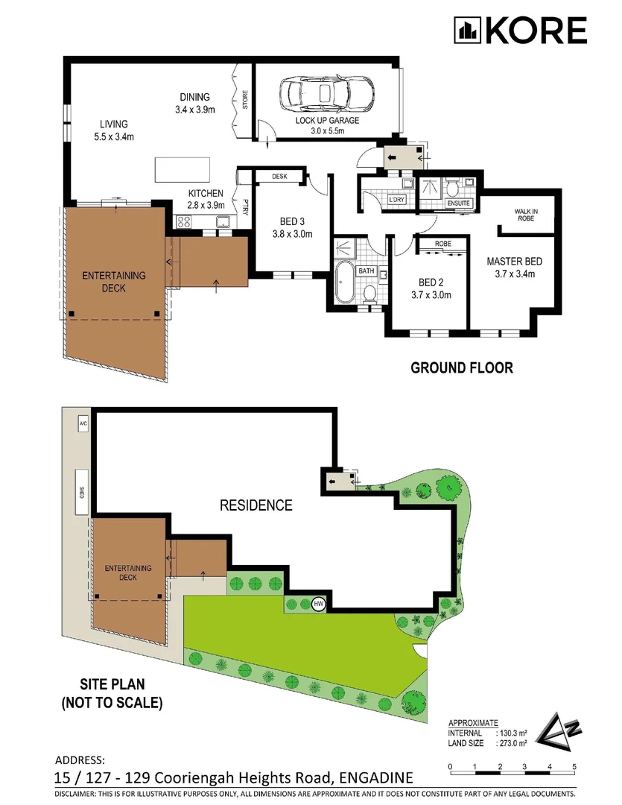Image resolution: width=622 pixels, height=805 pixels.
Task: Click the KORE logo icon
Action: (x=467, y=31)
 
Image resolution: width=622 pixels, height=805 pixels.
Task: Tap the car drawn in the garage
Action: (x=326, y=93)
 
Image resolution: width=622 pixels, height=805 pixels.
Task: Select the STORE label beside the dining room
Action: (x=245, y=100)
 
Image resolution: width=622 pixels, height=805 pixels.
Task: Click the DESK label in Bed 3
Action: (x=279, y=176)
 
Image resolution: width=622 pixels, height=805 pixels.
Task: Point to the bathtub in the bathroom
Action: (x=343, y=282)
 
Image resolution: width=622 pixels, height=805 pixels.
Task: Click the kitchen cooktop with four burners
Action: (x=184, y=222)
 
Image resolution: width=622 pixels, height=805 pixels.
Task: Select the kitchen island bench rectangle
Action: (x=183, y=169)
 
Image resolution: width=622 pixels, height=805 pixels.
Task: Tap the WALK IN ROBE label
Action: (x=526, y=215)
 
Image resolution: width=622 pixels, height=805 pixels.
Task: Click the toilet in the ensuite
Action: (x=452, y=188)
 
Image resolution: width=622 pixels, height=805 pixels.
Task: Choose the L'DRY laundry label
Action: (x=397, y=199)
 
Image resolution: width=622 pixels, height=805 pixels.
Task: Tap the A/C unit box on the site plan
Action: (x=83, y=424)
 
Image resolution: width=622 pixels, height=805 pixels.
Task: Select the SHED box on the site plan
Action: (x=82, y=492)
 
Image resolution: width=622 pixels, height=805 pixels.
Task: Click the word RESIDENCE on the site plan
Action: (x=256, y=505)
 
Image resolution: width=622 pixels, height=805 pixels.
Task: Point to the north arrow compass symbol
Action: (x=559, y=732)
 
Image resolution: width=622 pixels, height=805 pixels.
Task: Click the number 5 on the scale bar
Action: (x=574, y=767)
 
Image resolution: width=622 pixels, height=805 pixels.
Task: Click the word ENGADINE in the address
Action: (x=375, y=777)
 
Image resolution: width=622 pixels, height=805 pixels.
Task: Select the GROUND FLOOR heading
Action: (x=462, y=367)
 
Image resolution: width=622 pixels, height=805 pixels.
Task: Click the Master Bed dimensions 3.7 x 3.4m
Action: (x=515, y=274)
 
